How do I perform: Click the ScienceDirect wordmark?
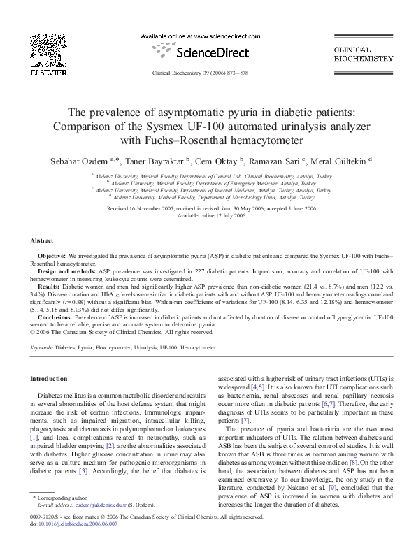[208, 51]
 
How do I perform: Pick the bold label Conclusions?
[56, 317]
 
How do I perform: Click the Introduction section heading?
[48, 379]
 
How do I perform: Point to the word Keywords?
[41, 347]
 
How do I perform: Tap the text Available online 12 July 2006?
[208, 215]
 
